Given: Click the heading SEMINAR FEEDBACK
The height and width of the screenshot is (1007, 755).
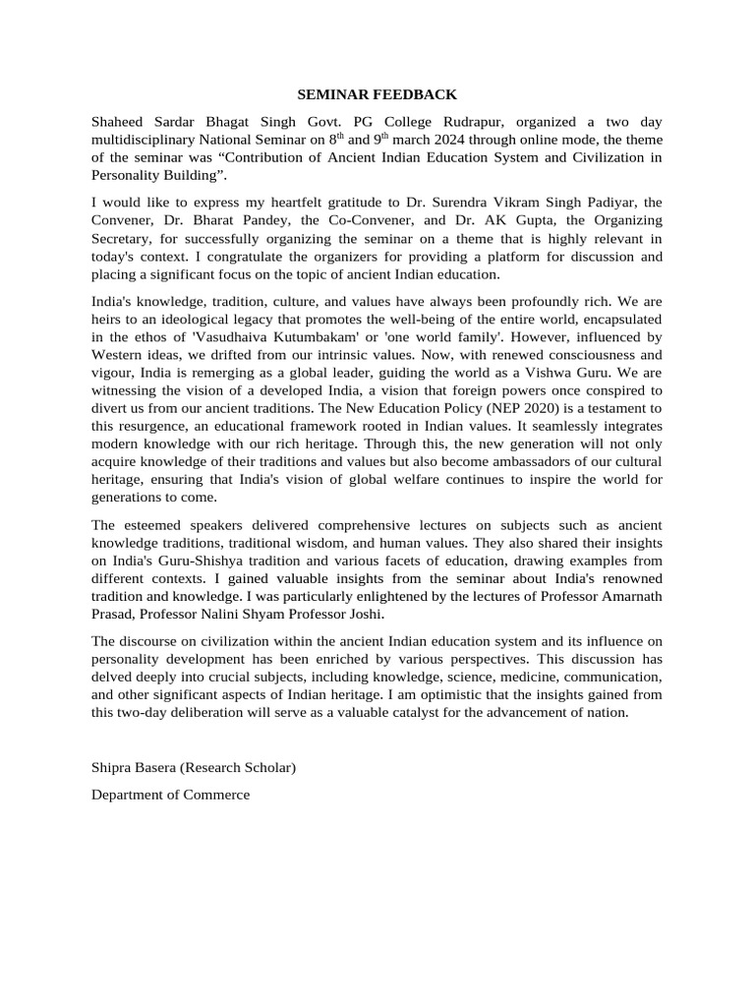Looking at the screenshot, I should pos(377,95).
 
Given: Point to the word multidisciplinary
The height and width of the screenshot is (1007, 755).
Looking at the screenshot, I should pos(148,140).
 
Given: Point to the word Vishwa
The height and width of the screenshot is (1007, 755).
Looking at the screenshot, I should pos(574,373).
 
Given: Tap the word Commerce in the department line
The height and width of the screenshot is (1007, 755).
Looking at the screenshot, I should pos(216,795).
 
